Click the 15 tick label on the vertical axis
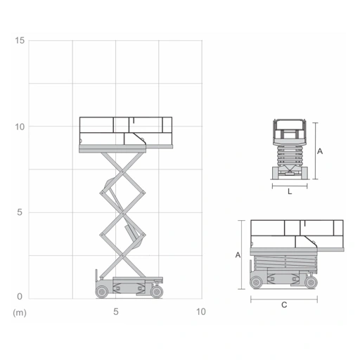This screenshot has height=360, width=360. pos(20,40)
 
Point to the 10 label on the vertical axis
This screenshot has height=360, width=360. pos(20,127)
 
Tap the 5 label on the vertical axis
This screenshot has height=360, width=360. pos(20,212)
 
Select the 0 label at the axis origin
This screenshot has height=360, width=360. pos(20,297)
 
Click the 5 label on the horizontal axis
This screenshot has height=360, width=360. pos(116,311)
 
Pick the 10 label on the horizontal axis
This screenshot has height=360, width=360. pos(201,311)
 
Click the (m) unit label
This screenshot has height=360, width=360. pos(20,313)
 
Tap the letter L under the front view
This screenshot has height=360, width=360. pos(290,192)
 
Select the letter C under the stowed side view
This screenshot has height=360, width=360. pos(284,305)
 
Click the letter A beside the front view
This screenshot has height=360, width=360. pos(320,151)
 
